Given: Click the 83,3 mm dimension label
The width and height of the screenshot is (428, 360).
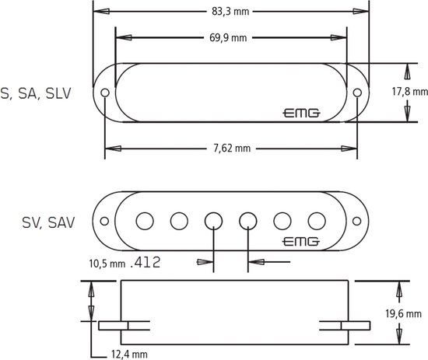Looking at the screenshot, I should tap(231, 12).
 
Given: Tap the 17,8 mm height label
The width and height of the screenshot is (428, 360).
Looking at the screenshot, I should tap(409, 92).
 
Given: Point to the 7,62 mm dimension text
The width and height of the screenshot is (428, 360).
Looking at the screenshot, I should tap(231, 147).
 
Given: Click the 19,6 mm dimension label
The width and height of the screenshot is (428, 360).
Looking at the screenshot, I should tap(409, 314).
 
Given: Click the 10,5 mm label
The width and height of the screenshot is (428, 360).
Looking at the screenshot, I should tap(106, 264).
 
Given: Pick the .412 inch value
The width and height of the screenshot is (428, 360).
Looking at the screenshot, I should tap(146, 263).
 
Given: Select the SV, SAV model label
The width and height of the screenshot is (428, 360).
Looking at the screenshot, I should tap(48, 222).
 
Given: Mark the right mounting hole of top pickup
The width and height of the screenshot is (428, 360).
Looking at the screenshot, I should tap(356, 93).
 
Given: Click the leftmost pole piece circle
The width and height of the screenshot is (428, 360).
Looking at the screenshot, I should tap(145, 220).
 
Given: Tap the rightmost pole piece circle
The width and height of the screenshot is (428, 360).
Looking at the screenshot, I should tap(316, 220).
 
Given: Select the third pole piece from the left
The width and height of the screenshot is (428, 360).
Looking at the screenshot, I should tap(213, 220).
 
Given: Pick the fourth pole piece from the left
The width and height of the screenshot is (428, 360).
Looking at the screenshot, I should tap(247, 220).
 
